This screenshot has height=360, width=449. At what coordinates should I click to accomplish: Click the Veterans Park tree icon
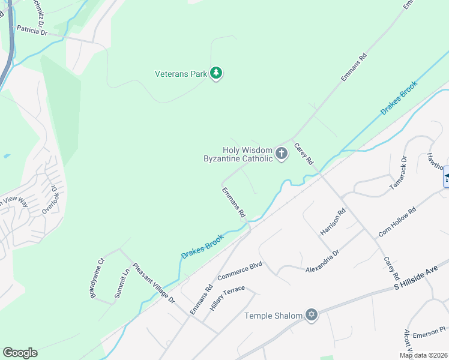point(217,73)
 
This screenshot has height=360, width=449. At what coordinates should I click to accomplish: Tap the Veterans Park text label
point(181,74)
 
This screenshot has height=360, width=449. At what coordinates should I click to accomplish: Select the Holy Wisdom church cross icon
point(281,154)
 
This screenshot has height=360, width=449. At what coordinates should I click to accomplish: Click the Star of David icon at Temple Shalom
point(311,315)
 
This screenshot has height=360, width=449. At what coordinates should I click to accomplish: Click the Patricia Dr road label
point(32,30)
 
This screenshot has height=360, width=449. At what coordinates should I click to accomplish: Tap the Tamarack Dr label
point(398,174)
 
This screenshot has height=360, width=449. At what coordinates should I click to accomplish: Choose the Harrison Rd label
point(333,221)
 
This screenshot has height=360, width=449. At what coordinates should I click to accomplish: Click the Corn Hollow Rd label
point(397,223)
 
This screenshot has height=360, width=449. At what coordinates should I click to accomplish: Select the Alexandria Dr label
point(323,261)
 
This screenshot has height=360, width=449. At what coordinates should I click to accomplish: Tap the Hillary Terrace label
point(228,298)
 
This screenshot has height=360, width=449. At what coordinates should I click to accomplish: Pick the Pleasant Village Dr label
point(153,283)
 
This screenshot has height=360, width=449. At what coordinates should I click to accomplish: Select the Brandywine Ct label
point(97,277)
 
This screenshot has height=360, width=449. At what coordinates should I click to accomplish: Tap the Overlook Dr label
point(50,200)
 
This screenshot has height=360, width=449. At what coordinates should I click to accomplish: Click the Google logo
point(20,353)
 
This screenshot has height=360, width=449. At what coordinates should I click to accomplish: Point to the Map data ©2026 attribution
point(424,355)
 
